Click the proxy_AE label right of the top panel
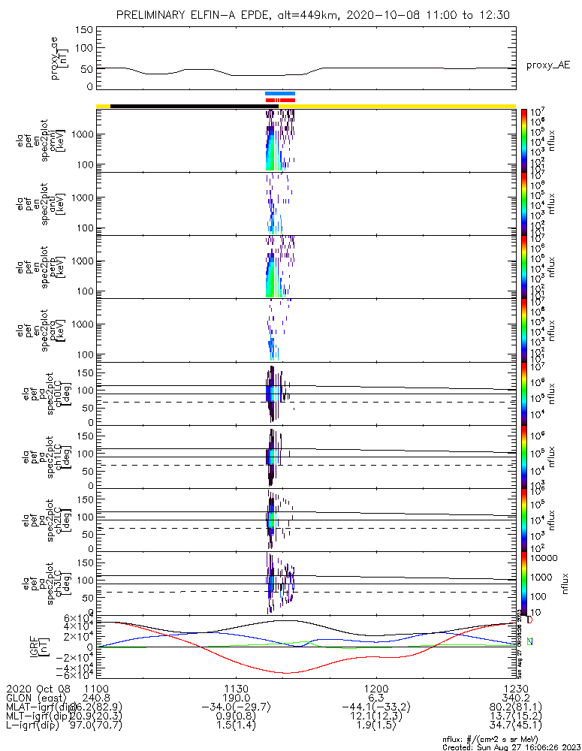[548, 65]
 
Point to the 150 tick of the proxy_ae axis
[84, 30]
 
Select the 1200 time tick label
[375, 689]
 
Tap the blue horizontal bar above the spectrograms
[280, 94]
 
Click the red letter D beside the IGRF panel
[529, 620]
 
